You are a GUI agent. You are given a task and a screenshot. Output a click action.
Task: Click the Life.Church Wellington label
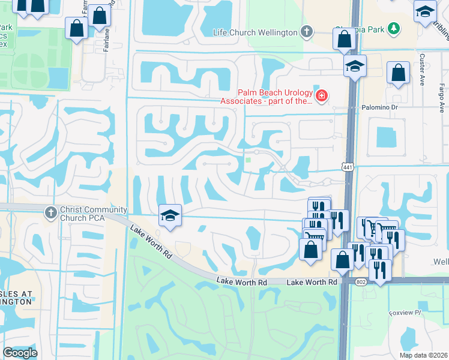point(255,32)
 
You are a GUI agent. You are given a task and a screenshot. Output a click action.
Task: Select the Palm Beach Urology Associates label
point(276,97)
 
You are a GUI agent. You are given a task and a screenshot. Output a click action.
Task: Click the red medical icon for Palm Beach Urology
point(322,96)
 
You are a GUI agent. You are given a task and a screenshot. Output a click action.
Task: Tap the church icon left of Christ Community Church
point(50,212)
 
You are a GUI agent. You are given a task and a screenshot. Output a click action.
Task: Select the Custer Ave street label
point(422,69)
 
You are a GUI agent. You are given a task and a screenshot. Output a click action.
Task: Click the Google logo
point(20,353)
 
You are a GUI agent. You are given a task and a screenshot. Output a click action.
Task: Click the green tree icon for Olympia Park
point(394,28)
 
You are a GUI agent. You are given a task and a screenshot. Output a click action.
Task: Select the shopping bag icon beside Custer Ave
point(398,73)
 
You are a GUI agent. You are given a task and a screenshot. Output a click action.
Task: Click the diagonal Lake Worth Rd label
point(150,242)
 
